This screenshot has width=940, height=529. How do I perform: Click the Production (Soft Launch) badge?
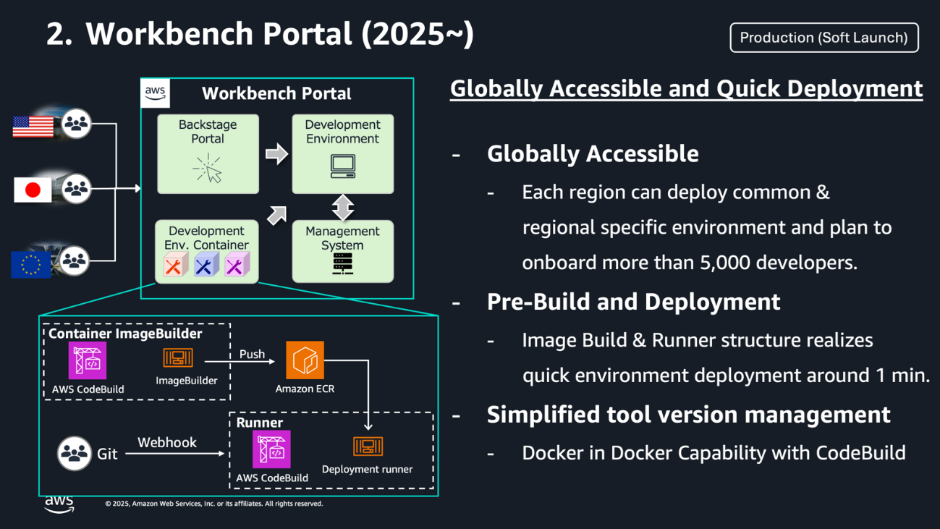tap(823, 38)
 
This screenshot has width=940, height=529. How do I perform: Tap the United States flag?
tap(33, 126)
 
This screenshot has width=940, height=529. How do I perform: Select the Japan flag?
tap(33, 190)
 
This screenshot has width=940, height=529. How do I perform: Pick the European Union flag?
tap(31, 264)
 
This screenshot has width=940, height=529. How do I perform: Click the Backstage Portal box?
tap(208, 153)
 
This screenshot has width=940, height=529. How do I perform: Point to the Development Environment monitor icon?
tap(342, 166)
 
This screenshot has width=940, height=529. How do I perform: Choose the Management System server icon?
tap(342, 263)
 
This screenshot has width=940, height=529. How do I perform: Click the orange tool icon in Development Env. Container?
tap(174, 266)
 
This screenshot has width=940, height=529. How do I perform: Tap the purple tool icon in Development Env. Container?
tap(236, 266)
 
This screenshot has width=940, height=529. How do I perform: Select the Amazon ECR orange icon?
tap(305, 360)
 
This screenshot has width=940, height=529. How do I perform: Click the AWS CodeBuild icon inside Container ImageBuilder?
tap(88, 360)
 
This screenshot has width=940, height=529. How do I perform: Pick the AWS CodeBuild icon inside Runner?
tap(271, 449)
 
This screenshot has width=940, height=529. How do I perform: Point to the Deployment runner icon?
tap(368, 447)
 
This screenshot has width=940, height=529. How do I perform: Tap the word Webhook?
tap(167, 442)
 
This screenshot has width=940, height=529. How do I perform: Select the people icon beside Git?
tap(74, 454)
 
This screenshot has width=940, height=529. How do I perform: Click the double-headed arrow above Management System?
tap(342, 207)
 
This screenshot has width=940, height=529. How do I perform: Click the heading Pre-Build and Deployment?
tap(633, 302)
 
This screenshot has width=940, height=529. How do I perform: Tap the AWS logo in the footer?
tap(59, 504)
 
